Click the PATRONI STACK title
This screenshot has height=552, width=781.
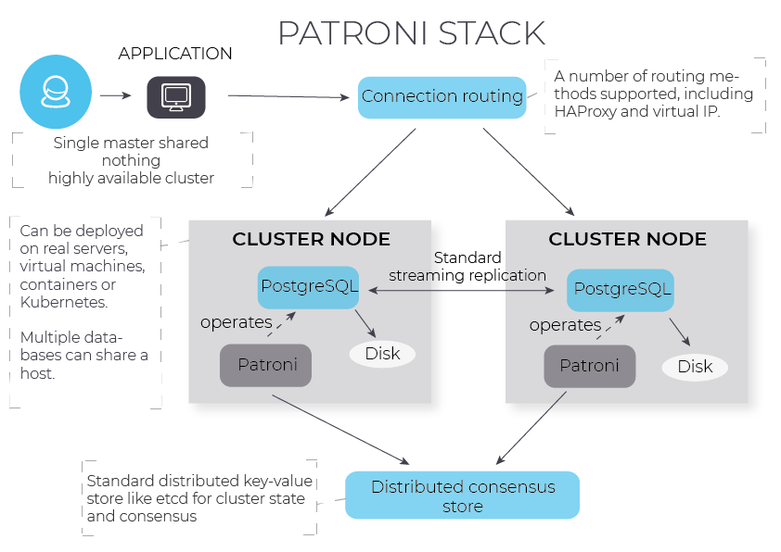click(411, 32)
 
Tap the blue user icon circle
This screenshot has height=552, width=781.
click(56, 92)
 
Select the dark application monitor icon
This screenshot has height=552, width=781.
click(176, 96)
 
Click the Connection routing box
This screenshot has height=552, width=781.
click(442, 96)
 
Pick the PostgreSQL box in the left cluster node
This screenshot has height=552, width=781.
click(308, 287)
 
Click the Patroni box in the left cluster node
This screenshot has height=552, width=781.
click(267, 365)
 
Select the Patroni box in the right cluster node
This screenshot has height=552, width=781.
click(589, 366)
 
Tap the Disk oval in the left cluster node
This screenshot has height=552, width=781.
click(382, 353)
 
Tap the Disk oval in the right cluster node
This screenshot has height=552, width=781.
click(695, 367)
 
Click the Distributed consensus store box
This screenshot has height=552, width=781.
click(462, 496)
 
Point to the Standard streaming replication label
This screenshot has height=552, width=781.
click(467, 266)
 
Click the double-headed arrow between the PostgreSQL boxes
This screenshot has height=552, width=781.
click(464, 290)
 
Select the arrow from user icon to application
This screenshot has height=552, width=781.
click(115, 95)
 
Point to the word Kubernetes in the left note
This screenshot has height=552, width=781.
click(64, 303)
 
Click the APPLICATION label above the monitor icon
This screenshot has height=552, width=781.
click(175, 54)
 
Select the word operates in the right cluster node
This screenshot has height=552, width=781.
click(565, 325)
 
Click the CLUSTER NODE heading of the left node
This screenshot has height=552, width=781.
click(311, 239)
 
